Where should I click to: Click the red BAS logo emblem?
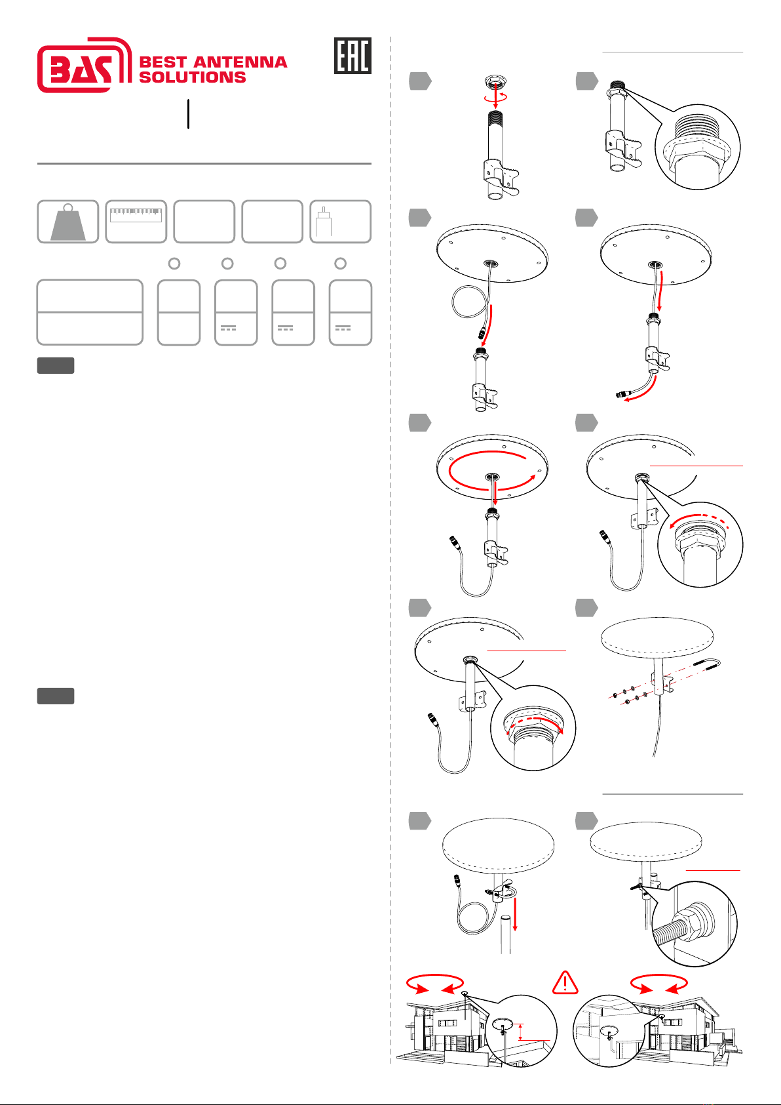[x=85, y=65]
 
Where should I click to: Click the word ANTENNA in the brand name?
[x=240, y=62]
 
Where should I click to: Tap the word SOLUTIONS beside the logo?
[x=192, y=77]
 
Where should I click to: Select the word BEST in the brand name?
[x=163, y=62]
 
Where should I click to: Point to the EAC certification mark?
[x=352, y=56]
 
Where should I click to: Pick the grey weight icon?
[x=68, y=222]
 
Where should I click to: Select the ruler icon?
[x=136, y=215]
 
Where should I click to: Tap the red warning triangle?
[x=565, y=982]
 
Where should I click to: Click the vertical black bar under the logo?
[x=188, y=114]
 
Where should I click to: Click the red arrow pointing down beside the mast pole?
[x=515, y=914]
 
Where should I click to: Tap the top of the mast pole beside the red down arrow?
[x=506, y=917]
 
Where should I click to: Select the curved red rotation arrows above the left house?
[x=434, y=983]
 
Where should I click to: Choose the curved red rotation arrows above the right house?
[x=658, y=983]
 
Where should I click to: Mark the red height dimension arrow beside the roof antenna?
[x=520, y=1032]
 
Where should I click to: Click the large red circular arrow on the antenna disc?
[x=492, y=471]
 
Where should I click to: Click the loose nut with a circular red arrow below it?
[x=495, y=82]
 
